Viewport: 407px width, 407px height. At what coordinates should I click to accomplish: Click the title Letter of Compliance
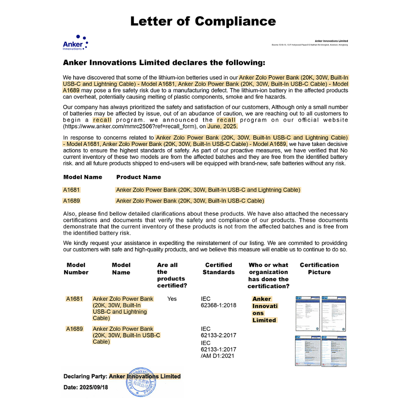coord(203,21)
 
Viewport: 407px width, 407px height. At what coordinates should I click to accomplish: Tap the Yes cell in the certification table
coord(172,299)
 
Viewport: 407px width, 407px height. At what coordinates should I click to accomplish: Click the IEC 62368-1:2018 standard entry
coord(218,302)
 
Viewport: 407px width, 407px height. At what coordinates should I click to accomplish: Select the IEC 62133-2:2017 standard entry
coord(218,332)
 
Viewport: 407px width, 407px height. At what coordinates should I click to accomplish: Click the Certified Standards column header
coord(218,269)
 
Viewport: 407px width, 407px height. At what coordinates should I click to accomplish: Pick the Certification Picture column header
coord(319,269)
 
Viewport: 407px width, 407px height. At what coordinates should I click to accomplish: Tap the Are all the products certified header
coord(172,275)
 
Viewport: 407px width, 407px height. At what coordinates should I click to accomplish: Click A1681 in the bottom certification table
coord(74,299)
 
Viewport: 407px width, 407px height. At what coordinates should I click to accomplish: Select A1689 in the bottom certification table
coord(74,329)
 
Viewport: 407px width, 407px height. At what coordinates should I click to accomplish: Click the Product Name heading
coord(138,177)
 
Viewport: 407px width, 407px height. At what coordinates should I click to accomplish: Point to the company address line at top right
coord(310,45)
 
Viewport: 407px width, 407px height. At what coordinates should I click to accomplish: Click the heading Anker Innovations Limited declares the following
coord(164,63)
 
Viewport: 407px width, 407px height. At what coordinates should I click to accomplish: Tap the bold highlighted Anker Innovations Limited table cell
coord(265,310)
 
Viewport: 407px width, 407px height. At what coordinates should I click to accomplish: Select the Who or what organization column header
coord(268,275)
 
